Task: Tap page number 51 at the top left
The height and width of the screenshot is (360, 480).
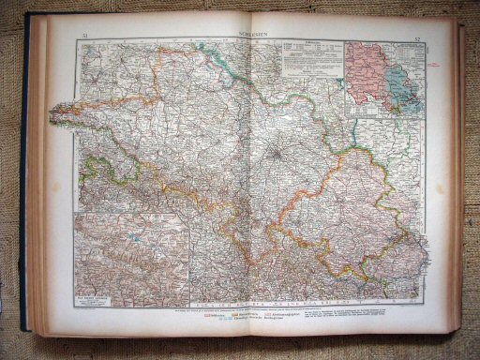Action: [84, 35]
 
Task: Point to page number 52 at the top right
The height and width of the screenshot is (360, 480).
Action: [417, 37]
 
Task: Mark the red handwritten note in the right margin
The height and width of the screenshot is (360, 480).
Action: [439, 66]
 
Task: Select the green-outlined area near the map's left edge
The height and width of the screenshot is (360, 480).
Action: [96, 173]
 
